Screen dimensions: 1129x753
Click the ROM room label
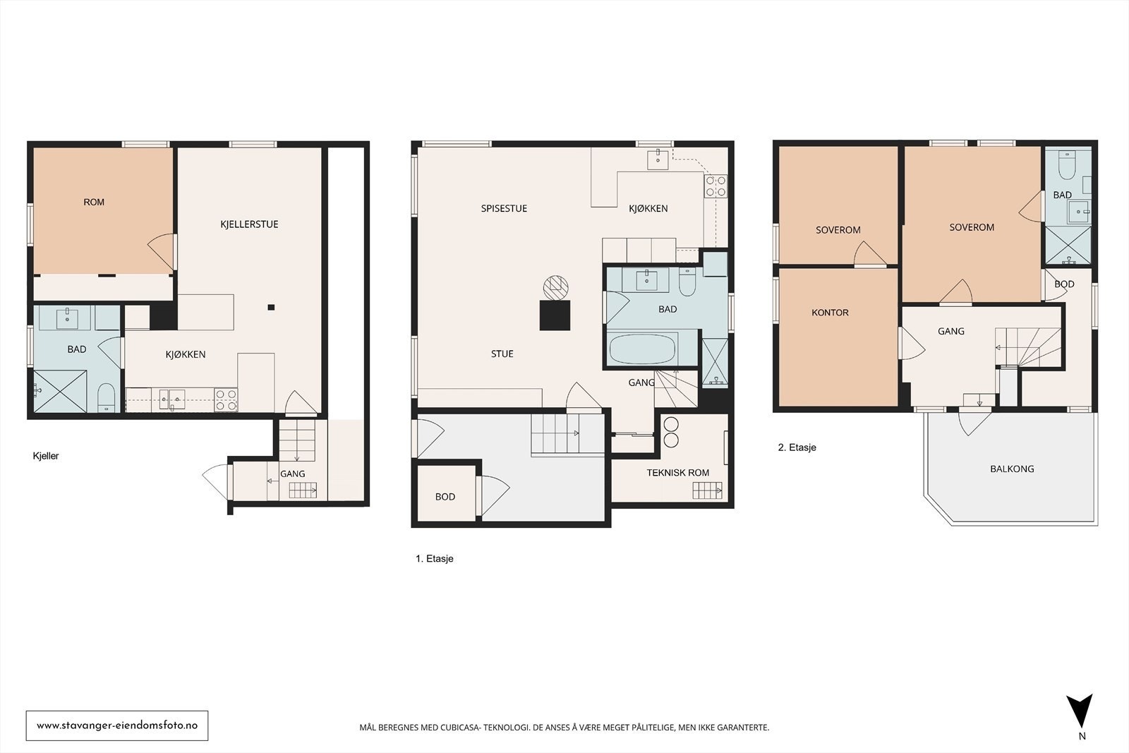point(94,202)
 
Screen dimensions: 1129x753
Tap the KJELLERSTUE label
point(249,224)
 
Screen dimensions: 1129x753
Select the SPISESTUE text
point(504,208)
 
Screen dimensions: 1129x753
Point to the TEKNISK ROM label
point(678,473)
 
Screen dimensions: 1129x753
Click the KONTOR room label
point(830,313)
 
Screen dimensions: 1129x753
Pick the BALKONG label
point(1012,469)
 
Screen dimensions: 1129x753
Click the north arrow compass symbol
point(1079,711)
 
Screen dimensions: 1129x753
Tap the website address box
point(117,725)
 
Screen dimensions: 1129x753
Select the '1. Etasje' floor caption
point(435,558)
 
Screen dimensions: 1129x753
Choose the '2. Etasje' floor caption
point(797,447)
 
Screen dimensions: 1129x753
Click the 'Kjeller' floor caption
point(46,456)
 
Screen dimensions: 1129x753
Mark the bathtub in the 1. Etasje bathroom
point(642,349)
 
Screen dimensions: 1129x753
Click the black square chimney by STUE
point(555,315)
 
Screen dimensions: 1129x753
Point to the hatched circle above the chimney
point(555,288)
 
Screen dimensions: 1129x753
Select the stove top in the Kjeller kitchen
point(226,399)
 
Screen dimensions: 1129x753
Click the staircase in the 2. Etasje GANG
point(1028,347)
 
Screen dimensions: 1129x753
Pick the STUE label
point(502,354)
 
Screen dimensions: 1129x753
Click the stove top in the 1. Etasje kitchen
point(716,186)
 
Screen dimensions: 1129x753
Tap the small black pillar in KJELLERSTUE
point(271,307)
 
